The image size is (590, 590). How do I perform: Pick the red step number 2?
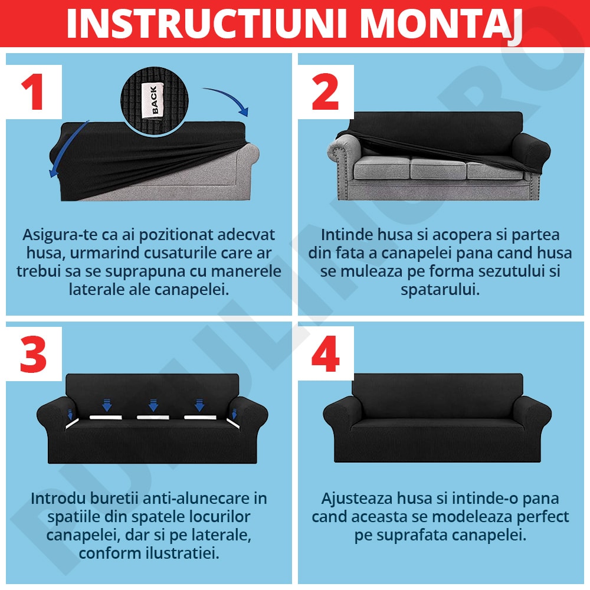[325, 92]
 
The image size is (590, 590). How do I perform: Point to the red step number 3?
[33, 354]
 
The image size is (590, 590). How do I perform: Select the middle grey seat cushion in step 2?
[438, 168]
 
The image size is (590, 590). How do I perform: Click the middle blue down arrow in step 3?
[153, 405]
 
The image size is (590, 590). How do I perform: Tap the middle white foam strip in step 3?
[153, 417]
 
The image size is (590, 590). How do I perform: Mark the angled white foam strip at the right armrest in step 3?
[234, 424]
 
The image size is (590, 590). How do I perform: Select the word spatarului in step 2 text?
[440, 290]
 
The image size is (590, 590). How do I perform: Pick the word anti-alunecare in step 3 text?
[199, 499]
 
